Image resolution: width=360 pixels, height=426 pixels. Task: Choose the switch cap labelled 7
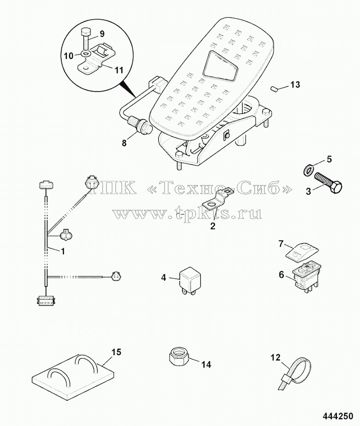(x=302, y=252)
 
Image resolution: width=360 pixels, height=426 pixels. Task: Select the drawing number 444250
(x=338, y=416)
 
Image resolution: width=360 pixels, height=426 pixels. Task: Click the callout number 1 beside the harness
(x=63, y=252)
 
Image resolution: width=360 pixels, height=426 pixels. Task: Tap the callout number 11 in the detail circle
(x=118, y=70)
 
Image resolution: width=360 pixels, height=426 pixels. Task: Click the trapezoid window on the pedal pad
(x=219, y=66)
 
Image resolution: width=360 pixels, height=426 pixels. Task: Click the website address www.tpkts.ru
(x=187, y=213)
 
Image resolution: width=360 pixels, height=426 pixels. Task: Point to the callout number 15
(x=116, y=352)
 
